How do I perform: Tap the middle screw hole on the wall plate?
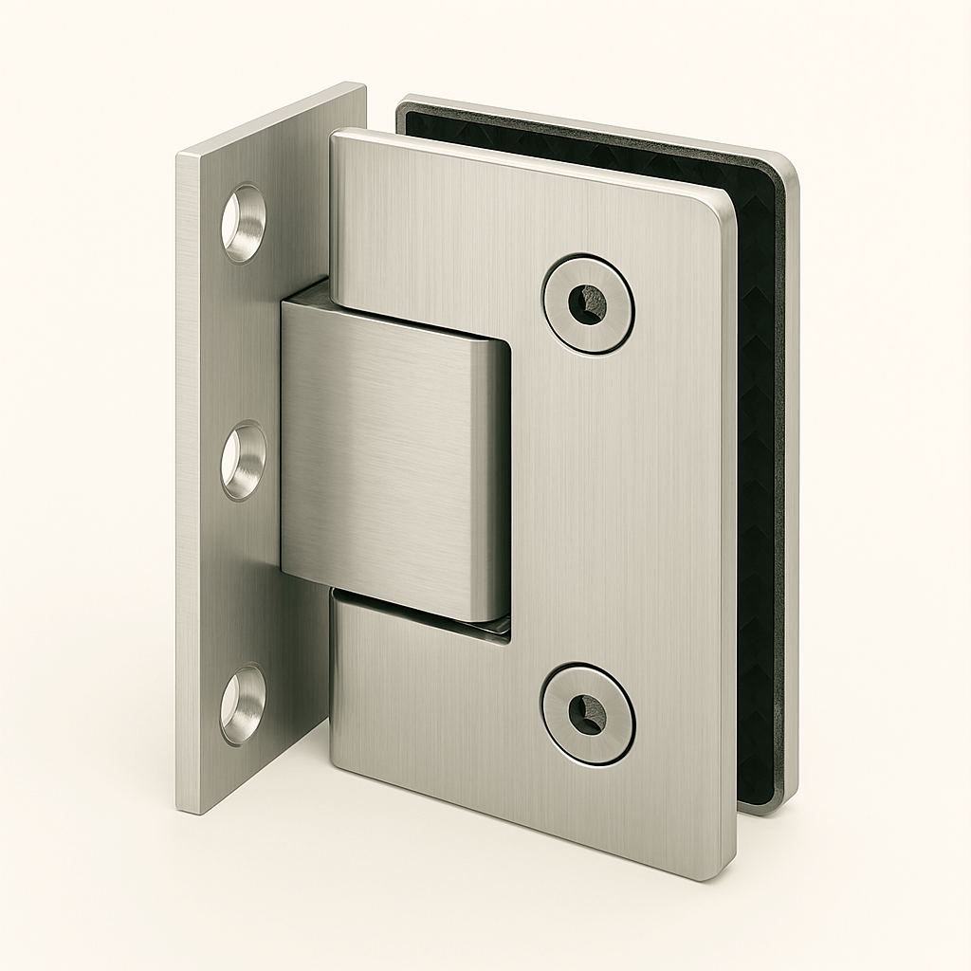[244, 461]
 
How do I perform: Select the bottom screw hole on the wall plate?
[243, 704]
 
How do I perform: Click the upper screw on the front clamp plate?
[588, 303]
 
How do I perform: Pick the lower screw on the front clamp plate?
[588, 713]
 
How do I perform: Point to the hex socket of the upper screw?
[588, 304]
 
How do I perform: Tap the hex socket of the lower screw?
[588, 713]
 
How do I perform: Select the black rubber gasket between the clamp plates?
[759, 474]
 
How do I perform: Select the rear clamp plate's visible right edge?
[792, 474]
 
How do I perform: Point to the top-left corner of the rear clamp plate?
[402, 102]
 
